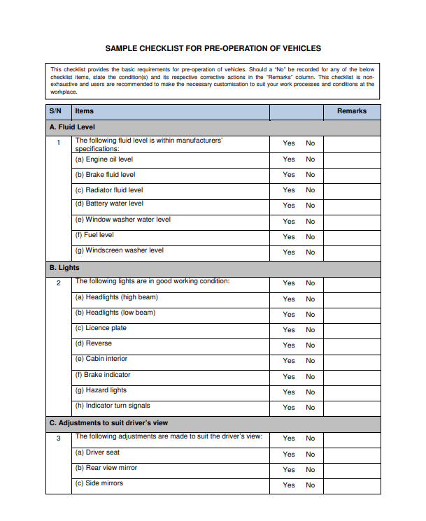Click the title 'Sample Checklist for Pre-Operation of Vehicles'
coord(213,48)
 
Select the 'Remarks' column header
coord(351,111)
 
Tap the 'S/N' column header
coord(56,111)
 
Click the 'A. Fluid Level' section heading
coord(72,127)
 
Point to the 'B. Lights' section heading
coord(64,268)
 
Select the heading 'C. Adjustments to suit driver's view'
coord(108,423)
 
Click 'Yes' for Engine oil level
coord(289,159)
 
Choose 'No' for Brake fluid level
coord(310,175)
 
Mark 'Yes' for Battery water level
coord(289,206)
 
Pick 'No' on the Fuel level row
coord(310,237)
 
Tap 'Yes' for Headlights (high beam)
coord(289,299)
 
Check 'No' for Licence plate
coord(310,330)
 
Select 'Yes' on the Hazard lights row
coord(289,392)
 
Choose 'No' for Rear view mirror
coord(310,470)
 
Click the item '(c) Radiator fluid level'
coord(109,190)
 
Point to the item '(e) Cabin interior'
coord(101,359)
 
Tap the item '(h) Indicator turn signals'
coord(113,406)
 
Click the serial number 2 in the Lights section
coord(59,283)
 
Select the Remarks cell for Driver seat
coord(352,454)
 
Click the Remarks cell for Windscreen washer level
coord(352,252)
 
